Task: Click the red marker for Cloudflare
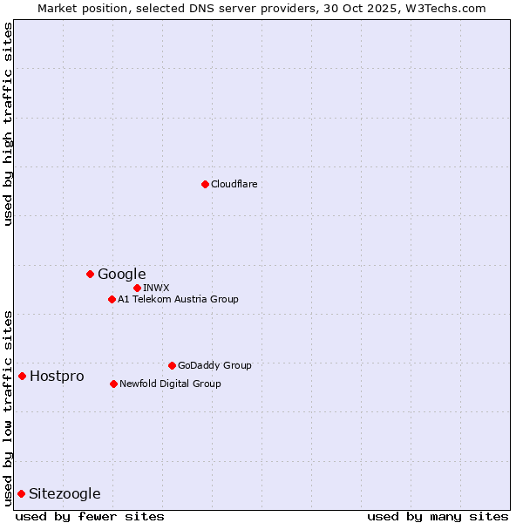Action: click(x=205, y=184)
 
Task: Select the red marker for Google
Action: click(x=90, y=274)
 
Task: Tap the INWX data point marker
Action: click(x=137, y=288)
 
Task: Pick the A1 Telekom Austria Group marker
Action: click(x=112, y=299)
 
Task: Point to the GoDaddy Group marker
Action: click(x=172, y=365)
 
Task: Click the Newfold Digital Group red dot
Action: click(x=113, y=384)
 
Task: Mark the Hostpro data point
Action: click(x=22, y=376)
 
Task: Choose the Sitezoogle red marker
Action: click(x=21, y=493)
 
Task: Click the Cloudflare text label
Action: click(x=234, y=184)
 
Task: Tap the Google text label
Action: click(x=121, y=275)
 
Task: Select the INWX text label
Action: click(x=156, y=288)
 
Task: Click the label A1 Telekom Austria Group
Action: click(x=178, y=299)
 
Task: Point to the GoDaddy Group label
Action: click(x=214, y=365)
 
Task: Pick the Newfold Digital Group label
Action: click(x=170, y=384)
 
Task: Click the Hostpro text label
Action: click(x=57, y=377)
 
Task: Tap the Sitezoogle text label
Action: click(x=65, y=494)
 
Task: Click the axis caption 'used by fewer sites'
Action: click(x=90, y=516)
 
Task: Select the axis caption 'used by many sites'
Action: click(x=438, y=516)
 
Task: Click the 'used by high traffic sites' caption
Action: click(x=9, y=124)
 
